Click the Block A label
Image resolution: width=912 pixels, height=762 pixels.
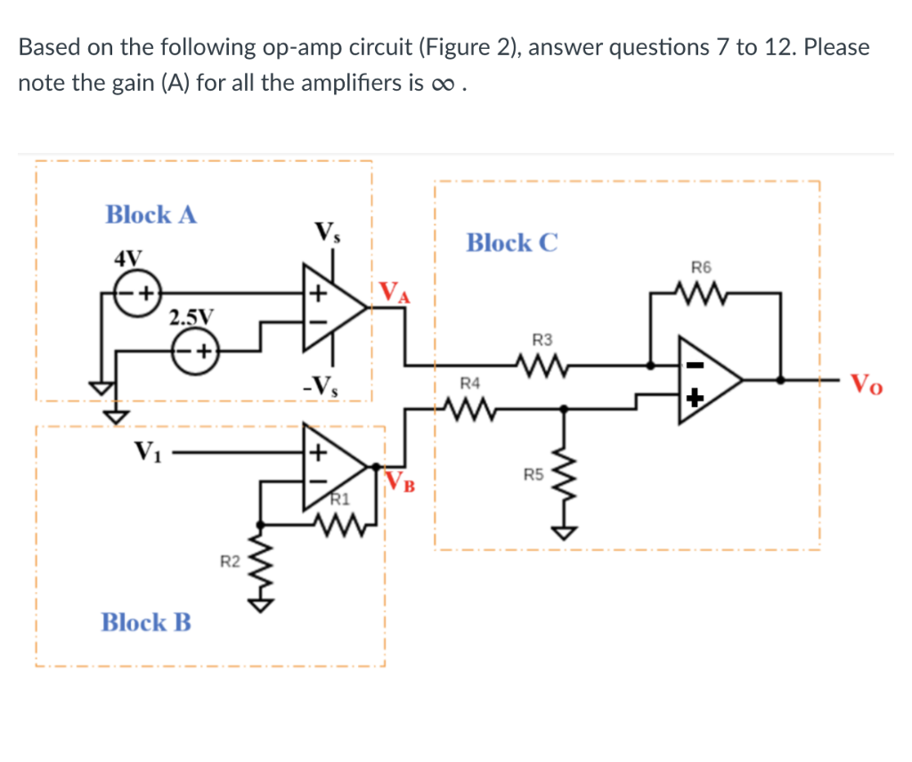pos(151,215)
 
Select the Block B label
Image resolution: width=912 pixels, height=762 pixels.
pos(146,621)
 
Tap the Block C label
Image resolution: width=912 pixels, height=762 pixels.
pos(512,242)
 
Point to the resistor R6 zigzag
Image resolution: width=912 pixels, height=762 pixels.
pos(701,292)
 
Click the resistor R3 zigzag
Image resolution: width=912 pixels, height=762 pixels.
pos(541,363)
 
